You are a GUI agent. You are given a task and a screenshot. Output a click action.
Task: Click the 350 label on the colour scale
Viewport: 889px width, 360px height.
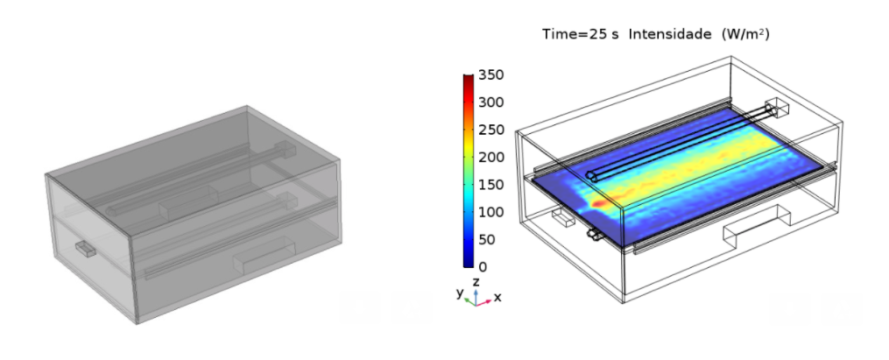click(491, 74)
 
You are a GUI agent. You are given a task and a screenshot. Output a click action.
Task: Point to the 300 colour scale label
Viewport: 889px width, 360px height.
click(491, 102)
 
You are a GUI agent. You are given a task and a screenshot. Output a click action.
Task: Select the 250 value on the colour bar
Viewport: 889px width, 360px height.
click(491, 130)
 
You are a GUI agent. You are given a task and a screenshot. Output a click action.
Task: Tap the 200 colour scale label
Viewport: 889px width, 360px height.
click(491, 157)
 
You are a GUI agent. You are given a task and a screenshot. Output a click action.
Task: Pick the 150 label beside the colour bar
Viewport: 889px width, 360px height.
click(491, 185)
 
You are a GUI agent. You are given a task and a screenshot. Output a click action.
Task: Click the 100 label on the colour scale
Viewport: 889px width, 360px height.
click(491, 212)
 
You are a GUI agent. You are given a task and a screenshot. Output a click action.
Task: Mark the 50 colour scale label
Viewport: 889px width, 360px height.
click(487, 239)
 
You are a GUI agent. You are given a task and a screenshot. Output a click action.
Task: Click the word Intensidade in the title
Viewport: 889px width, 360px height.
click(669, 34)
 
